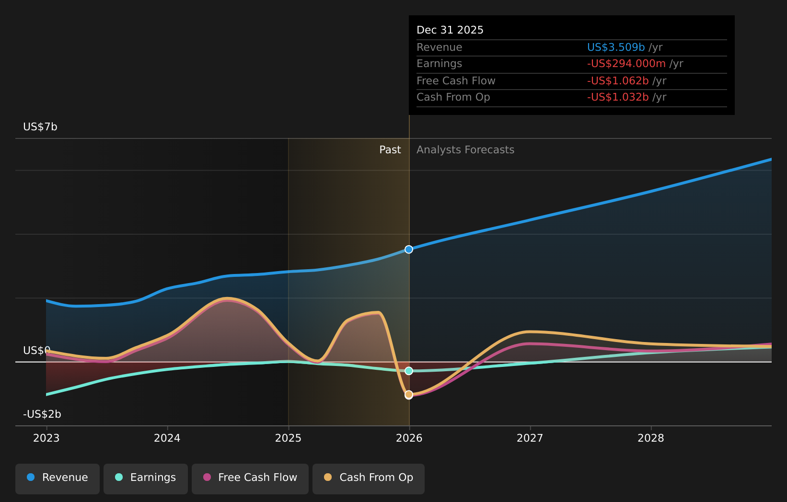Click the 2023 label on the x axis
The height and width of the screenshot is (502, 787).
click(46, 438)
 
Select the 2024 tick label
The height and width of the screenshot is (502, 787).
click(167, 438)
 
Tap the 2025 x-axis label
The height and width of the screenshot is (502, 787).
click(288, 438)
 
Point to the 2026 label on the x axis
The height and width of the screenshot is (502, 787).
click(409, 438)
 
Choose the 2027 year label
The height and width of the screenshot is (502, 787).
click(530, 438)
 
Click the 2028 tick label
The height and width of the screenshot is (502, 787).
click(651, 438)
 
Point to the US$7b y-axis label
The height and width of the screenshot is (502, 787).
click(40, 127)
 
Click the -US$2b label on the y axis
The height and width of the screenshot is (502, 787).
click(42, 414)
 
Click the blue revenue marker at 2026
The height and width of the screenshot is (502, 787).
click(409, 250)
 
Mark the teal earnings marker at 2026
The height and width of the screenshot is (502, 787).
click(409, 371)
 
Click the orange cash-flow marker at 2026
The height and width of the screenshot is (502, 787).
click(409, 395)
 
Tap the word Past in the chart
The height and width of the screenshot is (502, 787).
click(390, 150)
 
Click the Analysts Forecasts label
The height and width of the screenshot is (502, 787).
click(465, 150)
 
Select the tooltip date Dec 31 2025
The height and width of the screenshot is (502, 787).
click(450, 30)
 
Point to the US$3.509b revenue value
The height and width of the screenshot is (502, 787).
click(616, 47)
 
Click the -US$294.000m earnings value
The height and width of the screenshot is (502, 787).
click(626, 64)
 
